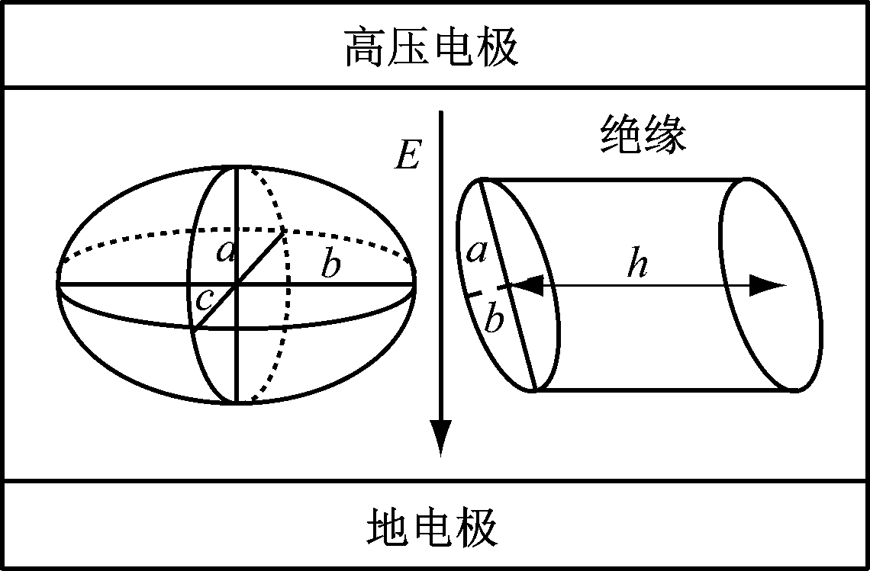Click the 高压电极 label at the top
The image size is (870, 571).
pyautogui.click(x=432, y=49)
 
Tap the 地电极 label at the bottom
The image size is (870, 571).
pyautogui.click(x=432, y=528)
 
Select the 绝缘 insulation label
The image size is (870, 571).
pyautogui.click(x=643, y=135)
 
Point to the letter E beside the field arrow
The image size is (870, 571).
pyautogui.click(x=408, y=155)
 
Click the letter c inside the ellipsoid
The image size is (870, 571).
pyautogui.click(x=205, y=300)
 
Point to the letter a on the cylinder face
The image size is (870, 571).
pyautogui.click(x=477, y=252)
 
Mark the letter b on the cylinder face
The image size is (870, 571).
pyautogui.click(x=494, y=318)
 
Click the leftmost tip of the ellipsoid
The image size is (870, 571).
pyautogui.click(x=58, y=284)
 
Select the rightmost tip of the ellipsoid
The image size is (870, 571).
pyautogui.click(x=415, y=284)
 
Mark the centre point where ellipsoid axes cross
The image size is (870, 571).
pyautogui.click(x=237, y=284)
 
